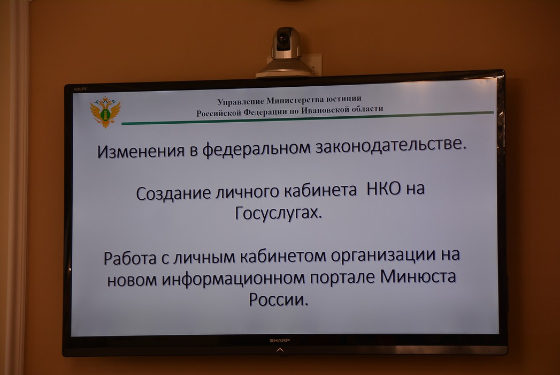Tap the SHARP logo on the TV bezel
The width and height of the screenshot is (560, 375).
pyautogui.click(x=279, y=340)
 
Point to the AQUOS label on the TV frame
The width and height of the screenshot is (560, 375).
pyautogui.click(x=80, y=89)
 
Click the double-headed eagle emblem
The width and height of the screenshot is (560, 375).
pyautogui.click(x=105, y=111)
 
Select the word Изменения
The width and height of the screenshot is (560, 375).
pyautogui.click(x=141, y=151)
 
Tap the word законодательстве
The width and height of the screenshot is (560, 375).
pyautogui.click(x=390, y=145)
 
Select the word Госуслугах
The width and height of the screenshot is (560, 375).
pyautogui.click(x=279, y=213)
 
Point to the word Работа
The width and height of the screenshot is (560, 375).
pyautogui.click(x=130, y=258)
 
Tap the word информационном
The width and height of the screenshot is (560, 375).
pyautogui.click(x=233, y=279)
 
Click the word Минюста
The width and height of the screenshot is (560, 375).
pyautogui.click(x=418, y=276)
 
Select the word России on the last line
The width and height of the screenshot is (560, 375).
pyautogui.click(x=278, y=299)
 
